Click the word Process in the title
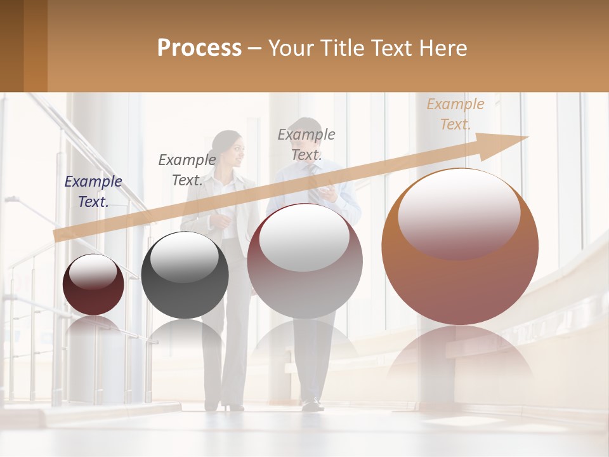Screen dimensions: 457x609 click(x=199, y=48)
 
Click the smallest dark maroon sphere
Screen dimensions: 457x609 click(x=93, y=285)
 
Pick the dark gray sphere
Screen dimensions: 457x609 click(x=185, y=275)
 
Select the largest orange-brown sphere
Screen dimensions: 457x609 click(x=460, y=246)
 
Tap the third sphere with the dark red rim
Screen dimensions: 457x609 click(x=304, y=261)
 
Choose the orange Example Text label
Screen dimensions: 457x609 click(x=455, y=114)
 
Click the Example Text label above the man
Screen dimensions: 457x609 click(x=306, y=144)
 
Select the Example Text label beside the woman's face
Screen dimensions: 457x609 click(x=187, y=169)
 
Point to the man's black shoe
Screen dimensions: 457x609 click(x=311, y=404)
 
